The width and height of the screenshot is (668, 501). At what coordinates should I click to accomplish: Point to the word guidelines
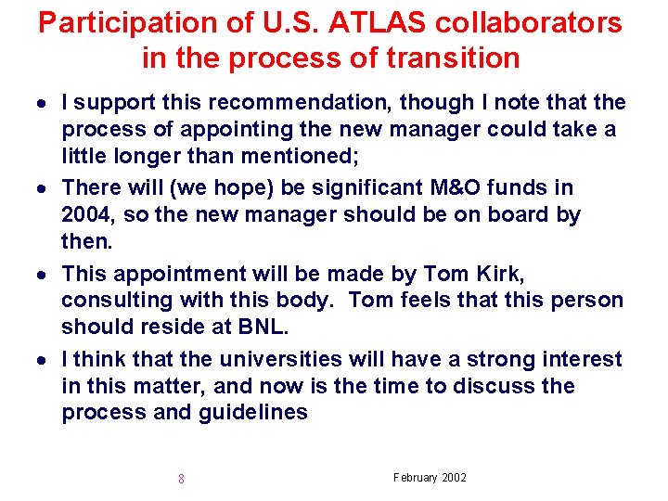253,413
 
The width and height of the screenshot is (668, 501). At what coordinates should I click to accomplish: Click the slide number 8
181,480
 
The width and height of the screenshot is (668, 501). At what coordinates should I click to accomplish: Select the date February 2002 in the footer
430,478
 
